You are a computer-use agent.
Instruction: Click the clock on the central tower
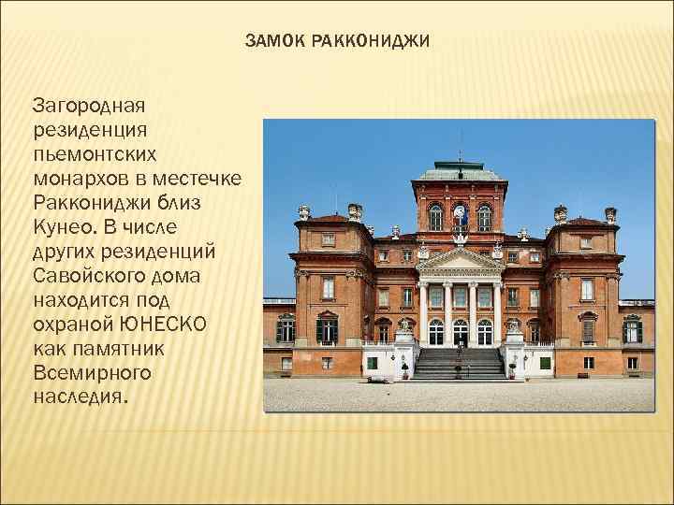click(x=460, y=212)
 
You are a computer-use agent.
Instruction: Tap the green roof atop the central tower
click(x=460, y=172)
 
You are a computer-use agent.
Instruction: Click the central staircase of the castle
click(x=460, y=362)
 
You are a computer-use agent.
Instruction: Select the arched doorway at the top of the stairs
click(x=460, y=331)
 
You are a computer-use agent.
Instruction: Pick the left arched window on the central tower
click(x=435, y=216)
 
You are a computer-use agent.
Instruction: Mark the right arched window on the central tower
click(x=484, y=216)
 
